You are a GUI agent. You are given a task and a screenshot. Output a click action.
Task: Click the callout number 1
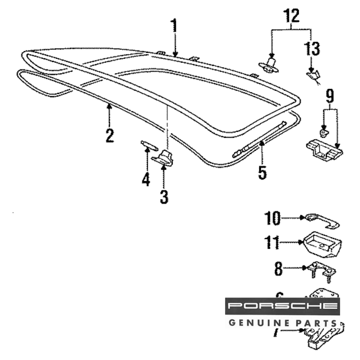tap(174, 26)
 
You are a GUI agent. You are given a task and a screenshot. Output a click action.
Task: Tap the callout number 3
tap(164, 197)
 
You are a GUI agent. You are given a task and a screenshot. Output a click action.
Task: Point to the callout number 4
tap(146, 179)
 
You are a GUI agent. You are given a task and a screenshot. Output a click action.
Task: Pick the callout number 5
tap(262, 172)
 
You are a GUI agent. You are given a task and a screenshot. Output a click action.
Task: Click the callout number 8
tap(278, 269)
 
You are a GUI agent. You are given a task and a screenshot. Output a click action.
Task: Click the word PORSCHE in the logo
tap(283, 306)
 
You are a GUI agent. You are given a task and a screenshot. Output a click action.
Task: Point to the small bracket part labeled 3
tap(164, 158)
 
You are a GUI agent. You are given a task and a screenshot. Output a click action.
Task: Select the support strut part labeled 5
tap(259, 140)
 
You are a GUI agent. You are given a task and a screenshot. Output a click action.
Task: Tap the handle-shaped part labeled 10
tap(322, 220)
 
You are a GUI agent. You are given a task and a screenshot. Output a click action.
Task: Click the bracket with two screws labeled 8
tap(321, 270)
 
